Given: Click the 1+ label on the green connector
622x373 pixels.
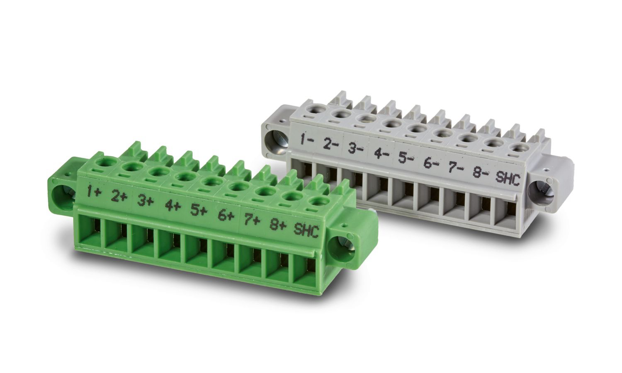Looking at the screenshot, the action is pyautogui.click(x=93, y=191).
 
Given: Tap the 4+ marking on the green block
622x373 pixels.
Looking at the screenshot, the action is pyautogui.click(x=173, y=206).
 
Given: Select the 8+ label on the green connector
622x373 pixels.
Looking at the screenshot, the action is pyautogui.click(x=277, y=225).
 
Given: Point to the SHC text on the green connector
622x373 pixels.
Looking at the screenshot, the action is pyautogui.click(x=306, y=230).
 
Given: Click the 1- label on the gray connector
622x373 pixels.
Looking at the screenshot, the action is pyautogui.click(x=307, y=140).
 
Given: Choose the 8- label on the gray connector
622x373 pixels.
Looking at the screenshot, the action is pyautogui.click(x=481, y=170).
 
